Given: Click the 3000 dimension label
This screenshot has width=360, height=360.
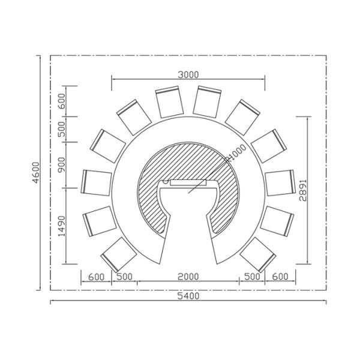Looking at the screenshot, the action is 188,75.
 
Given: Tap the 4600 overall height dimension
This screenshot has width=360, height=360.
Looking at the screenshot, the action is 36,173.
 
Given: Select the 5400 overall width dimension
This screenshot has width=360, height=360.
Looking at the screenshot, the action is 188,296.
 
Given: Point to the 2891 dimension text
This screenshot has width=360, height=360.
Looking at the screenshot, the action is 303,190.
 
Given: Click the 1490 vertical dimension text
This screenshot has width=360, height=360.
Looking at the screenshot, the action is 62,226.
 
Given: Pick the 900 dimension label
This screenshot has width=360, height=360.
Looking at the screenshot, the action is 62,164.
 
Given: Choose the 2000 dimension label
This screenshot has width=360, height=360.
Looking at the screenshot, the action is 188,277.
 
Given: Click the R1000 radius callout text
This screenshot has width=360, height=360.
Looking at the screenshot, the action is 236,152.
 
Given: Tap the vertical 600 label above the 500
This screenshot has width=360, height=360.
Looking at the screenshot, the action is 62,101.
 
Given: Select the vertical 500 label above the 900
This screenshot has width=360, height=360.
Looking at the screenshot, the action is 62,129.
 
